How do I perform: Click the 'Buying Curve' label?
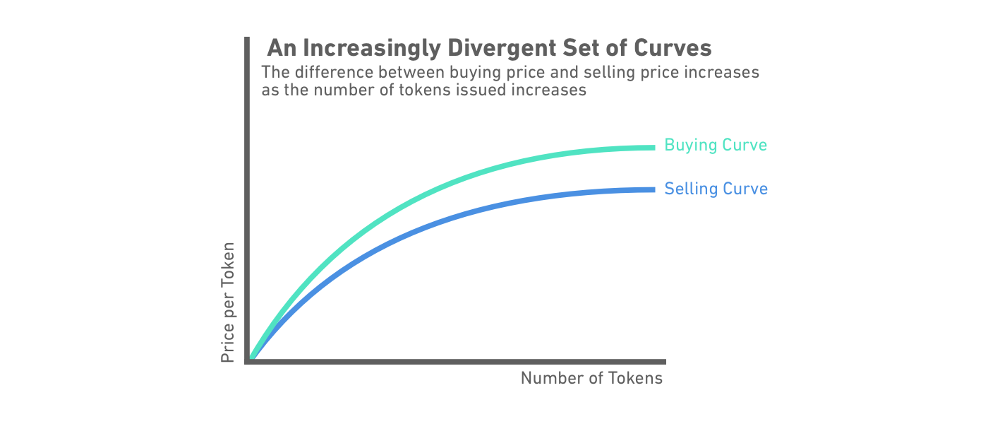point(716,146)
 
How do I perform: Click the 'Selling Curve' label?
point(716,189)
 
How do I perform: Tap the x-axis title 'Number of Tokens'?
point(591,378)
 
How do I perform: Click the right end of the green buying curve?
point(653,148)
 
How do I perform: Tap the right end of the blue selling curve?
point(653,189)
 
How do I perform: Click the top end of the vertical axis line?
point(247,39)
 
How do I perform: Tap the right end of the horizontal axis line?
point(663,361)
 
